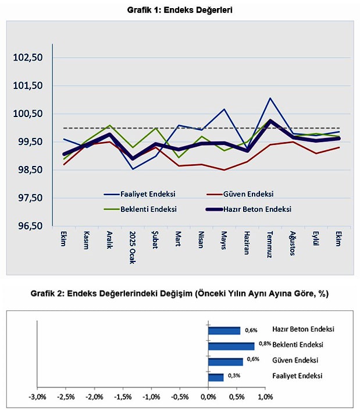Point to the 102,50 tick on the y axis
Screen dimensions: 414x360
coord(28,58)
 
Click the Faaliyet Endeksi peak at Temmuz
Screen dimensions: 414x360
coord(270,98)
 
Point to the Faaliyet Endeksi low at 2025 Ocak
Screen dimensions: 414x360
coord(134,169)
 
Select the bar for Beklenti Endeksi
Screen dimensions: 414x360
coord(231,346)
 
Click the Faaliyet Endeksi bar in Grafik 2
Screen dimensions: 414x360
coord(216,377)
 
